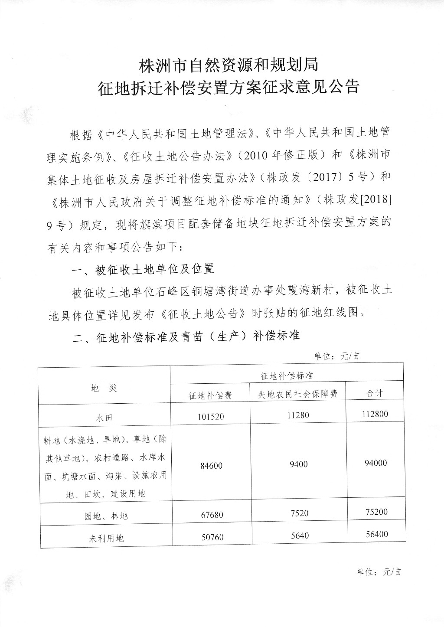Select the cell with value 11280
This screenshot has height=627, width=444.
[x=298, y=415]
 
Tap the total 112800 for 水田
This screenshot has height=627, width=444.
[x=375, y=414]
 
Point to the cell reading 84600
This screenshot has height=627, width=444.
[x=211, y=466]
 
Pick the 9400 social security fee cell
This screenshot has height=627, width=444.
[x=298, y=464]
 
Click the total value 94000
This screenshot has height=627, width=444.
[x=375, y=463]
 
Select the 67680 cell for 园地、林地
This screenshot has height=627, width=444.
[x=211, y=515]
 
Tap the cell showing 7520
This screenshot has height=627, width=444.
[x=298, y=513]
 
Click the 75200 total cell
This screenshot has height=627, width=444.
[x=375, y=512]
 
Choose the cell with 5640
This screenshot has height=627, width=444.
[x=298, y=536]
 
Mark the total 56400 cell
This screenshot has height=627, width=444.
[x=375, y=535]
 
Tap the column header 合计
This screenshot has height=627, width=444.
[x=375, y=393]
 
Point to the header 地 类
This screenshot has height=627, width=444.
[x=104, y=388]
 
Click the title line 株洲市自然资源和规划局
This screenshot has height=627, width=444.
[x=229, y=65]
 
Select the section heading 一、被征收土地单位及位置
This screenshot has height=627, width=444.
[x=143, y=269]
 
